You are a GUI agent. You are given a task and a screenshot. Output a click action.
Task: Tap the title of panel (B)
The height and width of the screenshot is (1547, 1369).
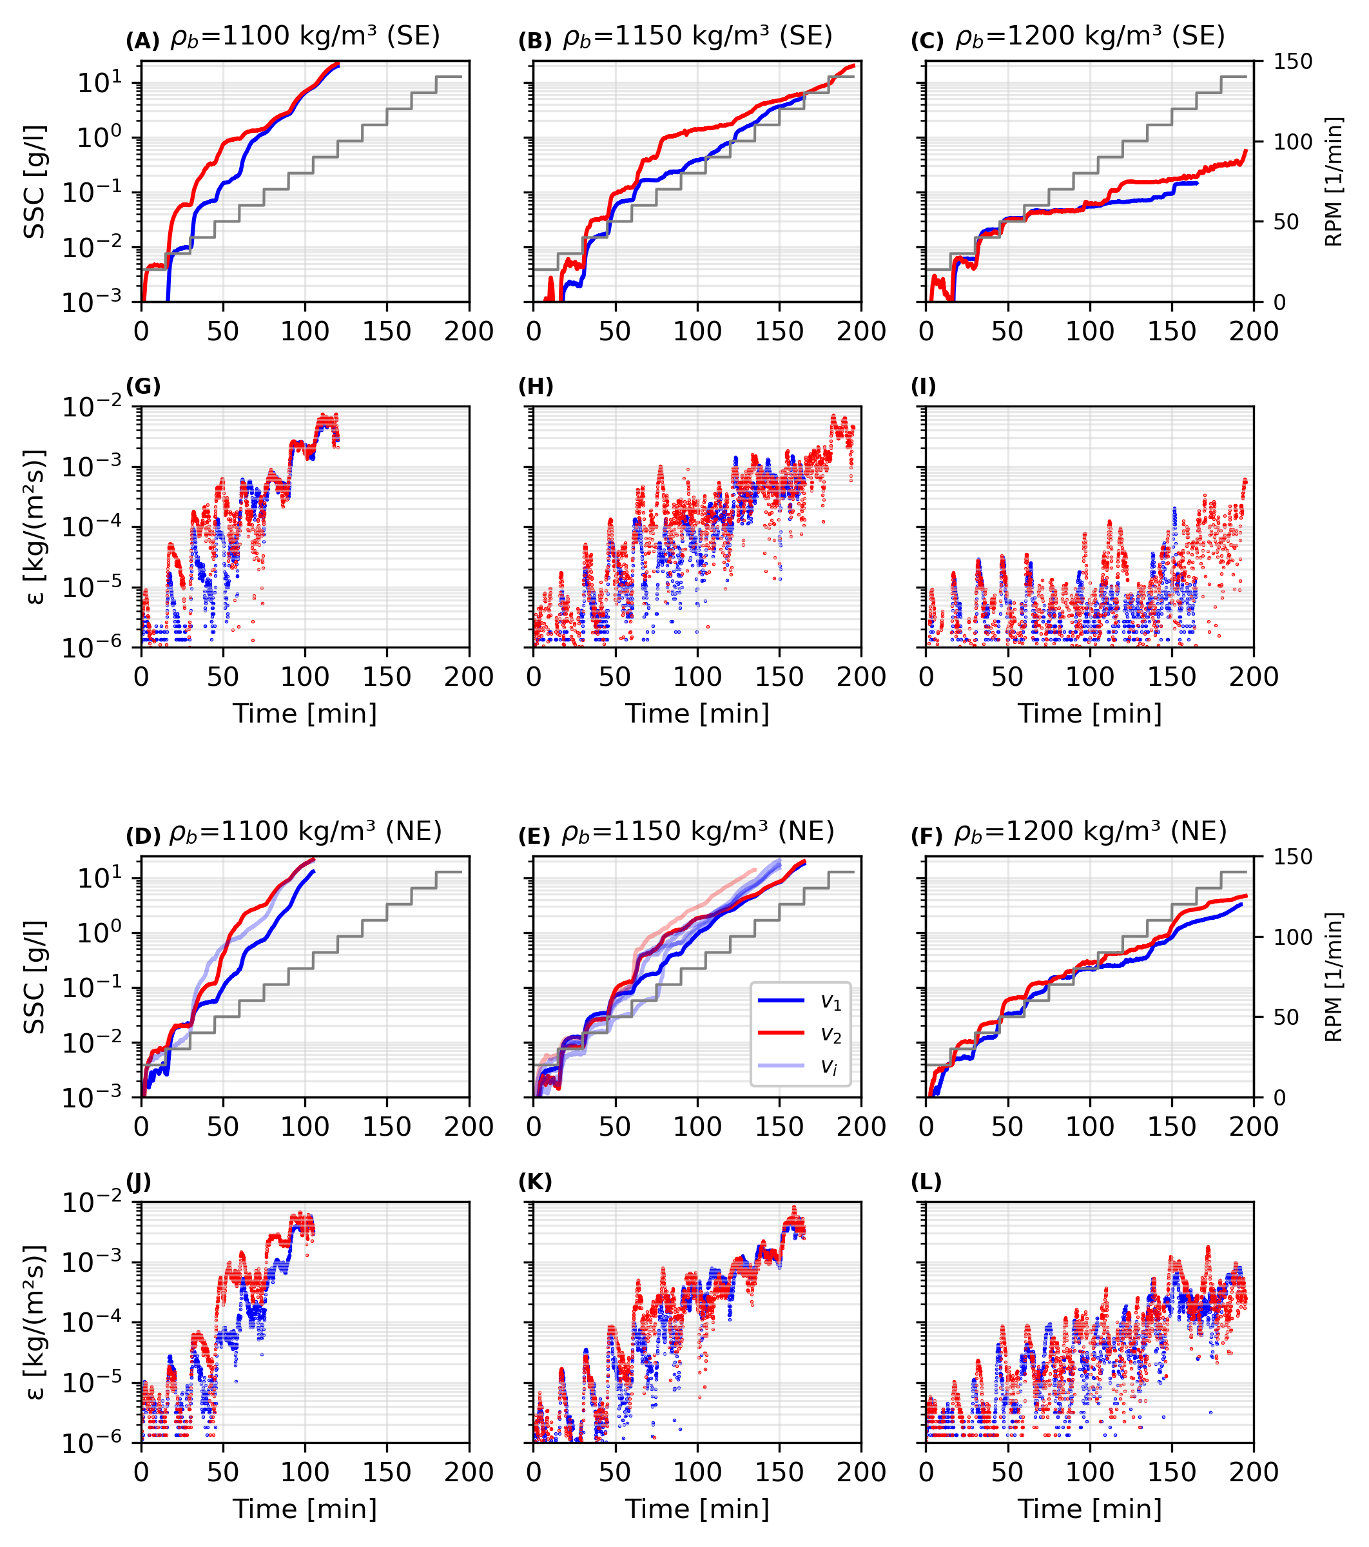[x=697, y=36]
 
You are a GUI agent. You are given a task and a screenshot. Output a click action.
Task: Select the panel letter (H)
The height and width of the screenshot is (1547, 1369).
[x=536, y=387]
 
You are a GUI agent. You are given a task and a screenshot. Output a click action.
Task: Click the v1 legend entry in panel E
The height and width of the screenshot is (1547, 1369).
[x=800, y=1001]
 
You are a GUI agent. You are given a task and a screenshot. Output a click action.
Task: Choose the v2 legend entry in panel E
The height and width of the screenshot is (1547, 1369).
[x=800, y=1034]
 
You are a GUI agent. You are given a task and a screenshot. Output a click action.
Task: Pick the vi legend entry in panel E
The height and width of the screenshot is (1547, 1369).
[x=800, y=1066]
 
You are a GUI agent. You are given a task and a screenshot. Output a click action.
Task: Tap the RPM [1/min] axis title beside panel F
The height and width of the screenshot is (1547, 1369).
[x=1334, y=977]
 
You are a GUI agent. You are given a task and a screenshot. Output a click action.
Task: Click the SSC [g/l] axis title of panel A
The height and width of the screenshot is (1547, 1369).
[x=35, y=182]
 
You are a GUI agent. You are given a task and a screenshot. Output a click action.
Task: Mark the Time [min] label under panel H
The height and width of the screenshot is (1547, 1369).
[x=697, y=714]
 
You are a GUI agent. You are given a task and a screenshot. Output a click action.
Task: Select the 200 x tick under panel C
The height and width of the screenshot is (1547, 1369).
[x=1253, y=331]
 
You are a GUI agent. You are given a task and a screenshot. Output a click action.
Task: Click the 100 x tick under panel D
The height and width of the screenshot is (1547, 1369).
[x=305, y=1127]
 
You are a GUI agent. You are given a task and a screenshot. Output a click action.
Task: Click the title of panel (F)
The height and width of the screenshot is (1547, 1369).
[x=1090, y=832]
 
